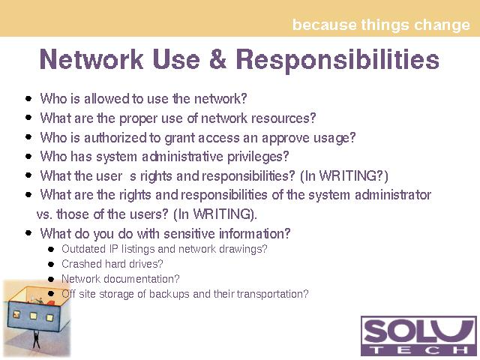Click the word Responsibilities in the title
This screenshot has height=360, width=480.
337,61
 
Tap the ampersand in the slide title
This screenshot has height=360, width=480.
217,59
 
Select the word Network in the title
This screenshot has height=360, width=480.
91,59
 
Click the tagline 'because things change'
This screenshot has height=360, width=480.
381,25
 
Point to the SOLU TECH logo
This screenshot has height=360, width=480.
418,335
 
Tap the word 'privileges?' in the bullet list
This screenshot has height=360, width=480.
258,157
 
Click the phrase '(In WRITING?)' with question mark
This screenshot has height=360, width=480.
344,176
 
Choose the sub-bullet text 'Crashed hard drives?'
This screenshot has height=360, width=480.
112,263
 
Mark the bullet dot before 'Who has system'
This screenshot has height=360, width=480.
28,157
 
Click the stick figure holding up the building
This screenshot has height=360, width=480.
36,339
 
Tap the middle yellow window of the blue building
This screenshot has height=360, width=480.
33,315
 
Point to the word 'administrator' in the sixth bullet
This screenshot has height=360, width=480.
393,195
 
